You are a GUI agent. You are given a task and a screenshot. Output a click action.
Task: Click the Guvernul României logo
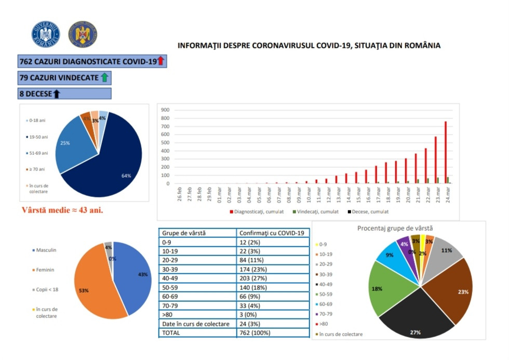46,35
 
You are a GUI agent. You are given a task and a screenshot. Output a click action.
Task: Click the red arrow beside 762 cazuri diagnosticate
160,61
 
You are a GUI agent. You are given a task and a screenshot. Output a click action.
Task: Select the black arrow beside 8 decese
56,94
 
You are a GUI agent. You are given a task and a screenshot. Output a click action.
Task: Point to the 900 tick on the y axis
165,110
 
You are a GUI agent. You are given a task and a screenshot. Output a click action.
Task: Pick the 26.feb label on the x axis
179,195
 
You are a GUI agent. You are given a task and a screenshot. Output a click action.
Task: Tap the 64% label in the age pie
126,176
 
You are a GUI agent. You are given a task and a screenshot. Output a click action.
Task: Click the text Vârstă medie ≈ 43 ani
62,210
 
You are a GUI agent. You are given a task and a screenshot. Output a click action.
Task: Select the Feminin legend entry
45,270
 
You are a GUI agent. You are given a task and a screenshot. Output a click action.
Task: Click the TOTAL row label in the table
171,333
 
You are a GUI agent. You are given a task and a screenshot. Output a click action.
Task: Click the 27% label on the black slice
416,332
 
